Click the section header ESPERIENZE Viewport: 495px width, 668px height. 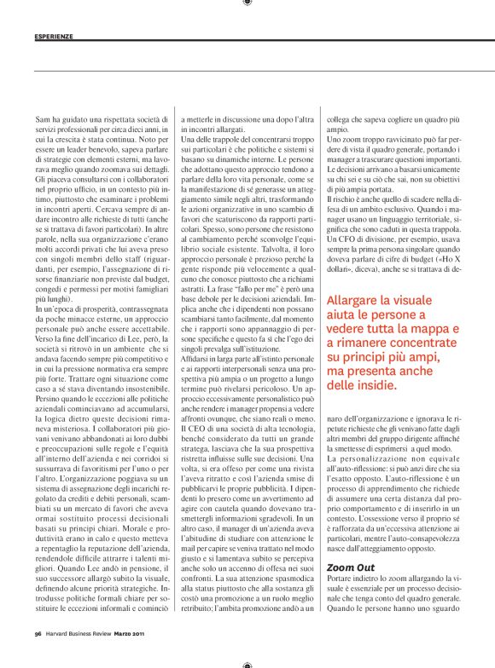[54, 37]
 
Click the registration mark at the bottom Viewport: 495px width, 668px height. [247, 662]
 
